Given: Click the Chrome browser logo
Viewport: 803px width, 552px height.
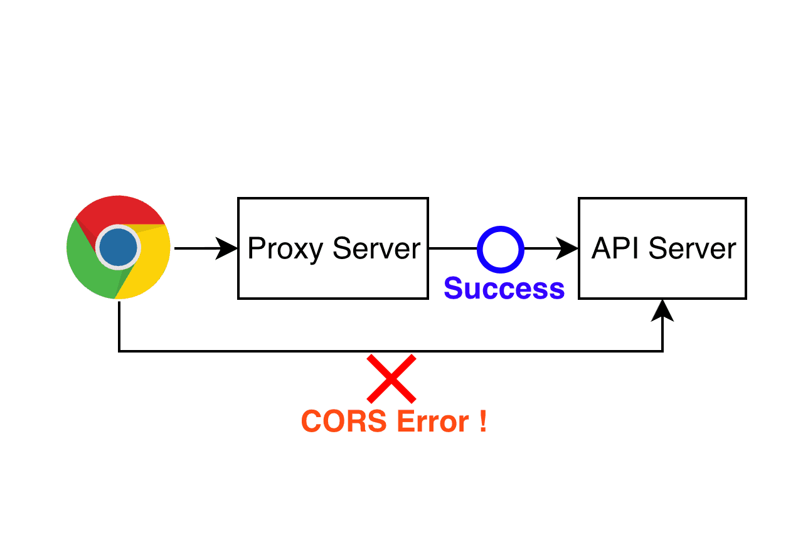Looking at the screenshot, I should (119, 248).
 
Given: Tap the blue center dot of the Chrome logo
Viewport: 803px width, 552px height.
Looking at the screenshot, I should (119, 248).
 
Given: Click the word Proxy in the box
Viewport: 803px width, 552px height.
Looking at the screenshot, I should (285, 249).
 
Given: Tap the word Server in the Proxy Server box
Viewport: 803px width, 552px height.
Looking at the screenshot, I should (376, 249).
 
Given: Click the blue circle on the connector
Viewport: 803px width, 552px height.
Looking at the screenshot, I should (500, 249).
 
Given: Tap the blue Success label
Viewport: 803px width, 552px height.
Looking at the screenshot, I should (504, 288).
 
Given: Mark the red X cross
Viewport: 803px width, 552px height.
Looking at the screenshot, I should (391, 378).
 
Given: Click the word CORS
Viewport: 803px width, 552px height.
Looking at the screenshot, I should (344, 421).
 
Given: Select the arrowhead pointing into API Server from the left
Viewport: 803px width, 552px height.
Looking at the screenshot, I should (568, 248).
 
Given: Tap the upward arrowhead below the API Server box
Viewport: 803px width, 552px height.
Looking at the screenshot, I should (662, 310).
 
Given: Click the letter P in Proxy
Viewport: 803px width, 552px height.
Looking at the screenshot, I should (255, 249).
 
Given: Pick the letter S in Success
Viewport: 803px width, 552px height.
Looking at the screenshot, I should (454, 288).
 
